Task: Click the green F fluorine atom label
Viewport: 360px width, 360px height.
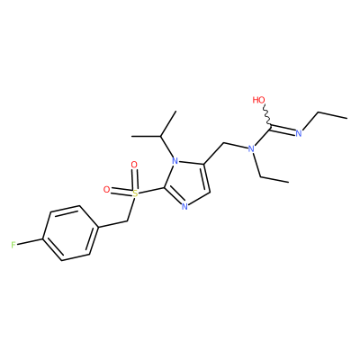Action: pos(13,245)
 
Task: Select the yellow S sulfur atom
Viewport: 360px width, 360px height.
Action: pos(135,193)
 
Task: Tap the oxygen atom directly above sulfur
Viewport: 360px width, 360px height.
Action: pos(134,165)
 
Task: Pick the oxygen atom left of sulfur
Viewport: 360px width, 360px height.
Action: pos(106,189)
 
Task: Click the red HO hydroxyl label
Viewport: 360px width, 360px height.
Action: pos(258,100)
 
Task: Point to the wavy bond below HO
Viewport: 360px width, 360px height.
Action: pos(267,114)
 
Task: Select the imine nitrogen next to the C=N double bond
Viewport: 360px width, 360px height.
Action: pos(298,134)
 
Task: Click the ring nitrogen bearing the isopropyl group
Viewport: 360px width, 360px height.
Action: pos(175,162)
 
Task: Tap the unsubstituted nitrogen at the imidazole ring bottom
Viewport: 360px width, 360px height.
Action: pos(184,206)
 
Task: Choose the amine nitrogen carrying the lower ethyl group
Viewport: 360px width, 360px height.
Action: pos(251,148)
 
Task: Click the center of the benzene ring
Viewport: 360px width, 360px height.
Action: pos(70,233)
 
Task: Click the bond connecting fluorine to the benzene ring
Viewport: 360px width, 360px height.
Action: pos(30,242)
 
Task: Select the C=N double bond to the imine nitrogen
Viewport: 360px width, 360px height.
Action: pos(283,129)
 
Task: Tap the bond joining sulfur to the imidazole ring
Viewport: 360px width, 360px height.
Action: pos(151,191)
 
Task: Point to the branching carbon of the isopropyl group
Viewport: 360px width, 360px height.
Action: pos(161,137)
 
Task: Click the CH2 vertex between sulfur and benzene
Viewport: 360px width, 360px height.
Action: pos(128,221)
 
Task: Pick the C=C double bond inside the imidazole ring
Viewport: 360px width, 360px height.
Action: pos(205,177)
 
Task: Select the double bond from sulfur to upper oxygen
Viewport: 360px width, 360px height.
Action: pos(135,179)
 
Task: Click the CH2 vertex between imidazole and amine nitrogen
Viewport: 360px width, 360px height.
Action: pos(223,143)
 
